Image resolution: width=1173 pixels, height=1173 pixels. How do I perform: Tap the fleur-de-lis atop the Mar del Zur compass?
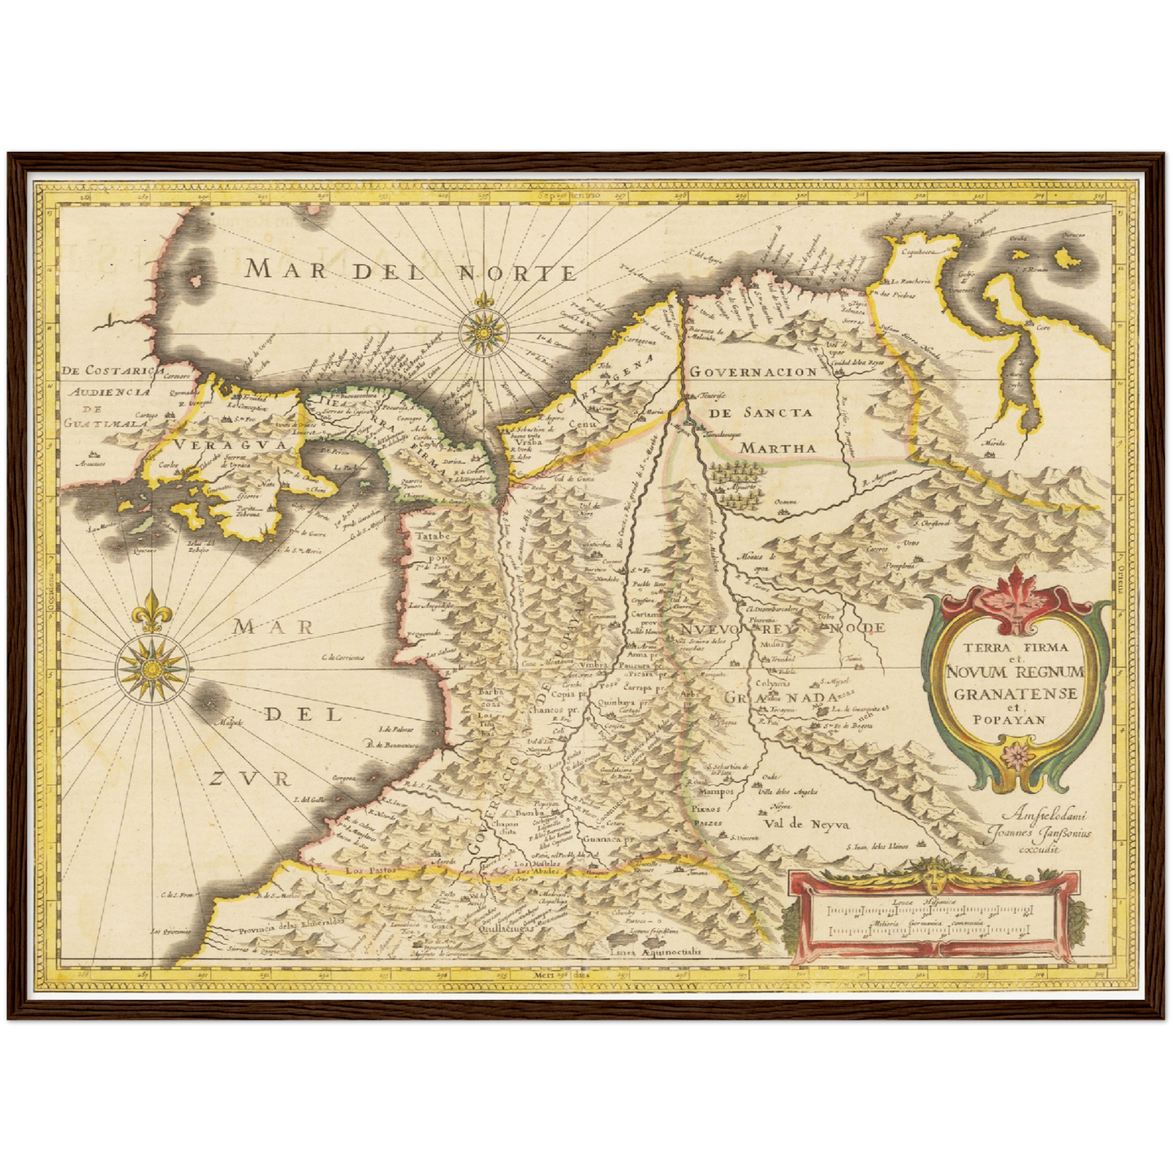[150, 610]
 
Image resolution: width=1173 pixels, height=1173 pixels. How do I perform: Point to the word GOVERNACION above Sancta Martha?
[753, 372]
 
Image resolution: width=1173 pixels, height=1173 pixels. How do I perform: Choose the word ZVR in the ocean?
[248, 780]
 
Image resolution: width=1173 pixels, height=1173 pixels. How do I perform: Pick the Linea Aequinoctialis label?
[647, 952]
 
